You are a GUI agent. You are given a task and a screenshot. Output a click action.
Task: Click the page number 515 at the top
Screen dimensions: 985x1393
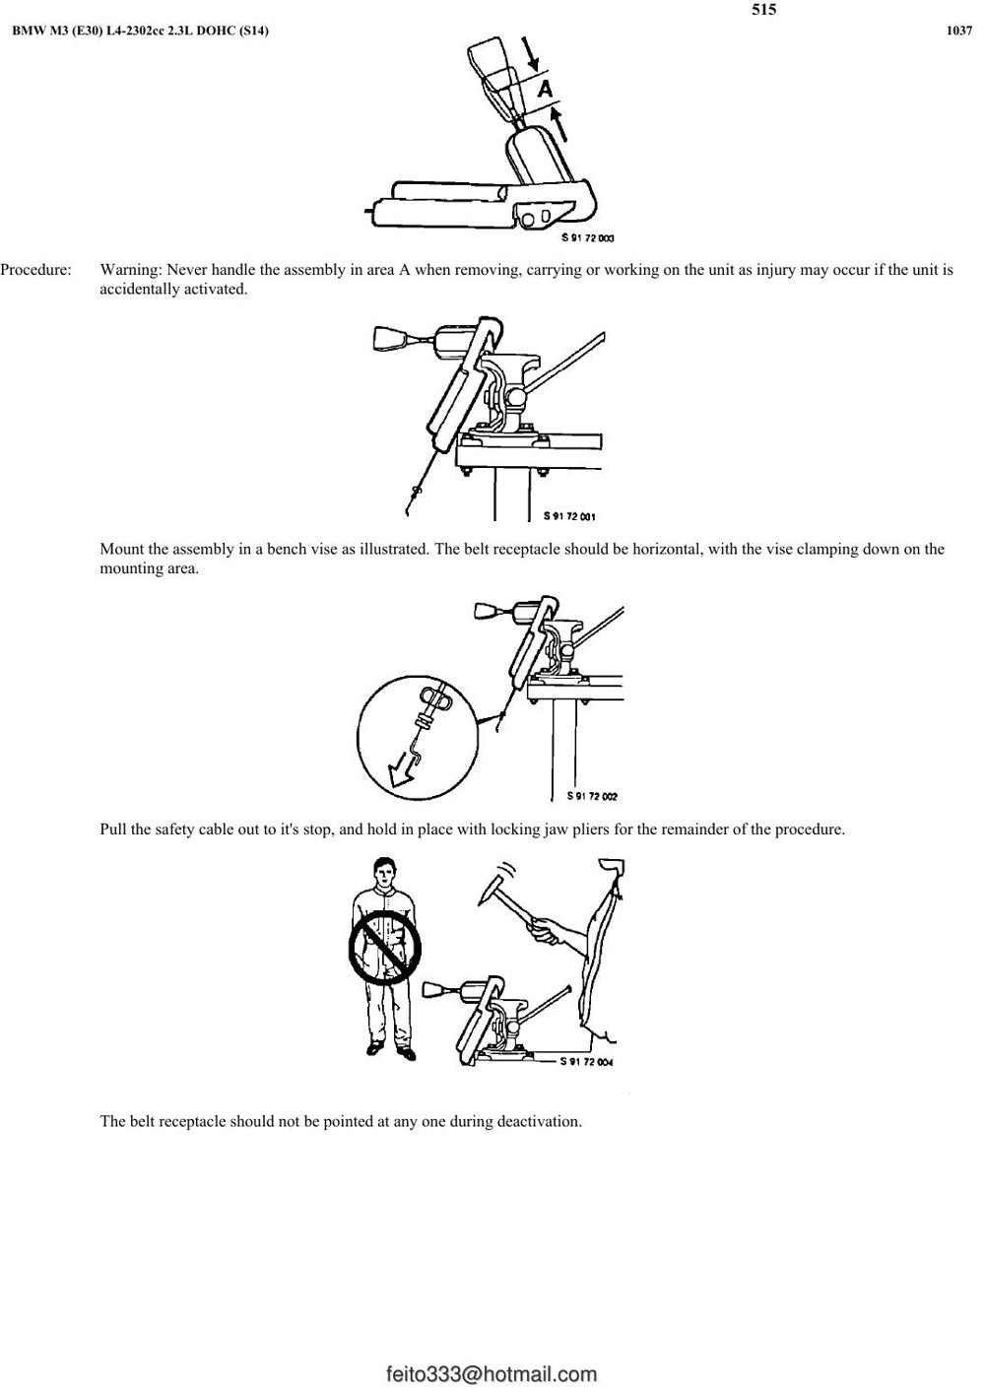(x=763, y=9)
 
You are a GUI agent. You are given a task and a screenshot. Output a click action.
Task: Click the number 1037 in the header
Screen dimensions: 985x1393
(x=958, y=32)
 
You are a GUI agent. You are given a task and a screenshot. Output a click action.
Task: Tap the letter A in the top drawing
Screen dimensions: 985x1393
(x=545, y=89)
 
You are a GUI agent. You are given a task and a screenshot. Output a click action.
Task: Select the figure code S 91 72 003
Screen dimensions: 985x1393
(x=588, y=237)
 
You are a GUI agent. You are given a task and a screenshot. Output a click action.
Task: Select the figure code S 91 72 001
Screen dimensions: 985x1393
(x=569, y=515)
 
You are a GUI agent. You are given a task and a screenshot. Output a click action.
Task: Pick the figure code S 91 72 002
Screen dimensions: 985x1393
(x=592, y=796)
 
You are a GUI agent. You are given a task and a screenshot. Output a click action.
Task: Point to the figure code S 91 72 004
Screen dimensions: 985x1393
(x=586, y=1062)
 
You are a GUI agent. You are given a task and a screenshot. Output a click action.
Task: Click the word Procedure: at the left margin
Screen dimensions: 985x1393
(x=36, y=271)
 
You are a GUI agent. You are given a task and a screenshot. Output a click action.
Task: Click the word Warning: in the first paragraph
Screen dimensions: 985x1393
(x=131, y=270)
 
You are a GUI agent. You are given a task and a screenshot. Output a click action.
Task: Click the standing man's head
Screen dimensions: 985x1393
(x=385, y=873)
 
